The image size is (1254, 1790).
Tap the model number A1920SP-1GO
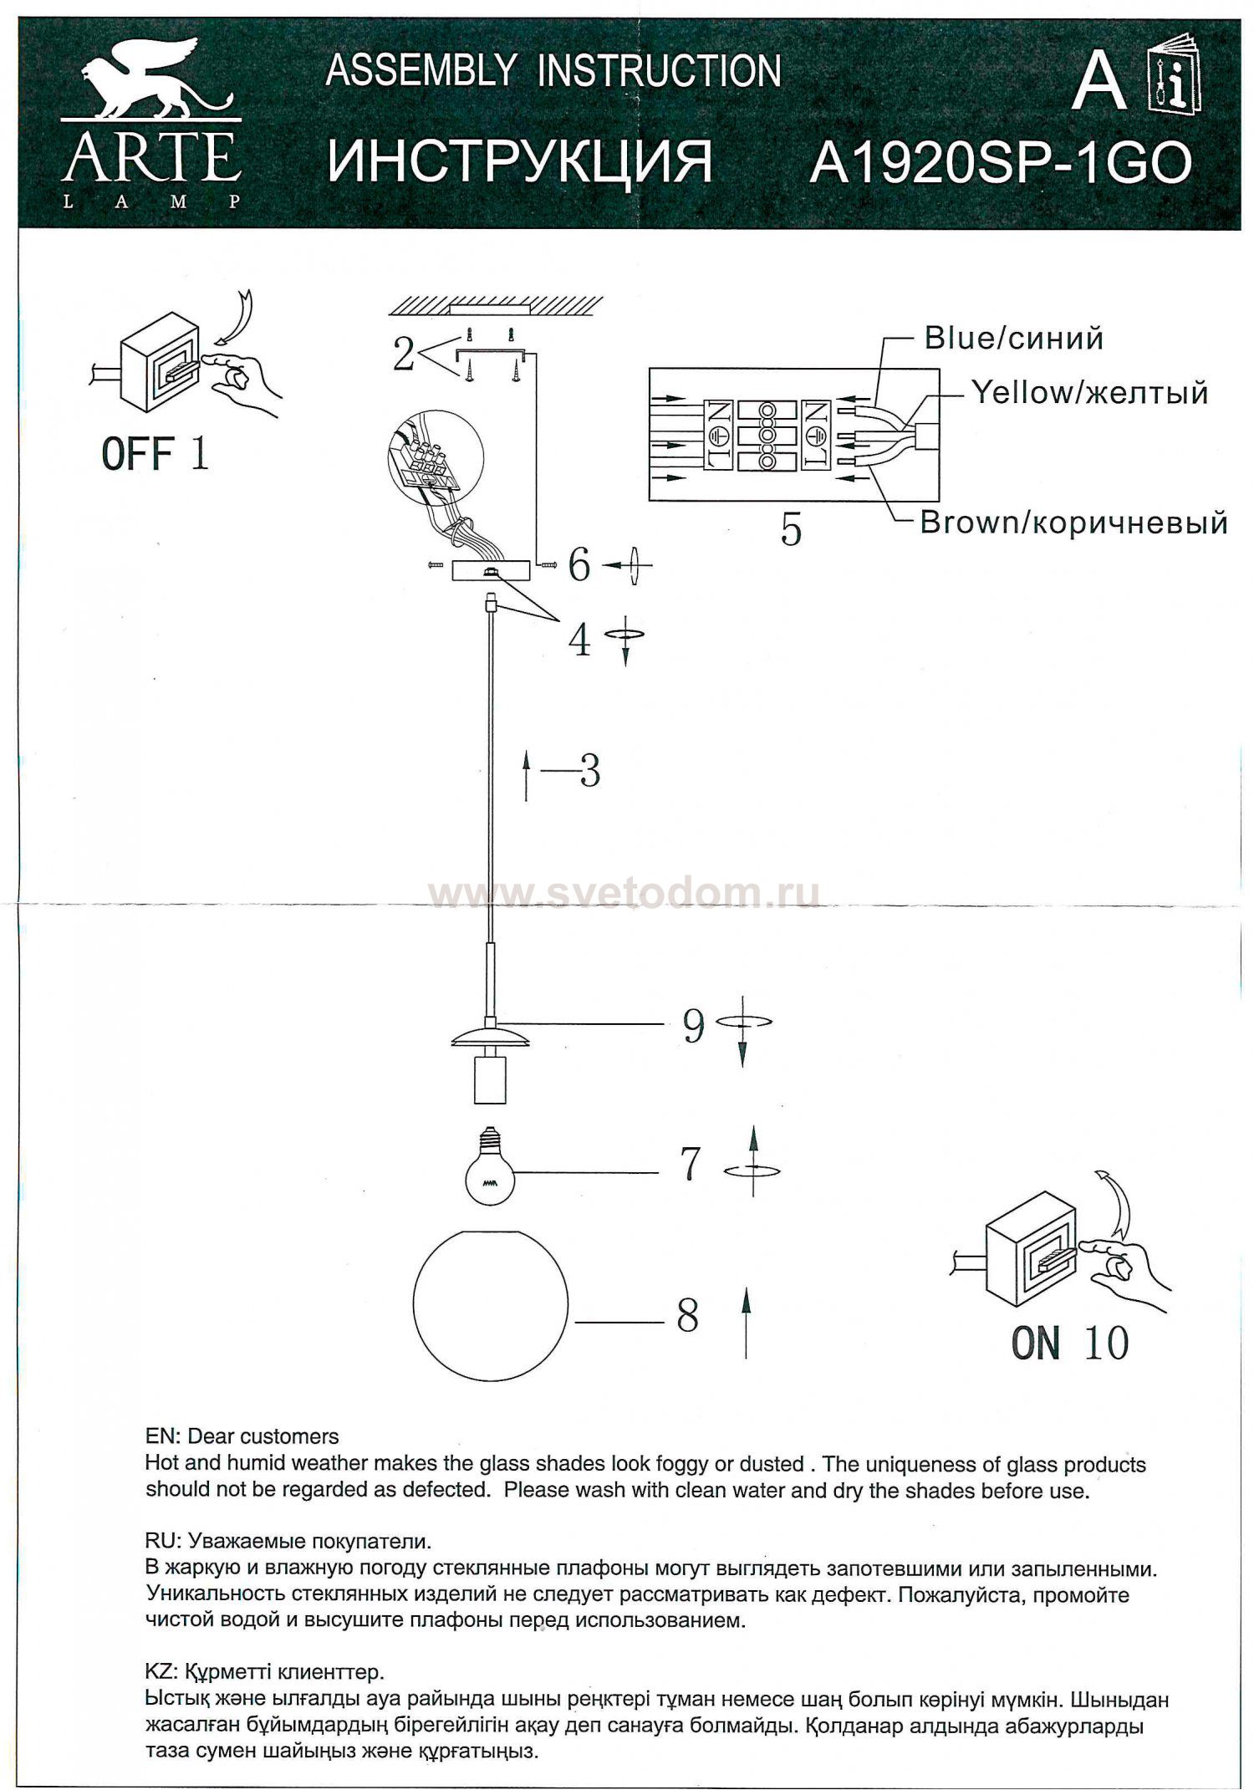1000,162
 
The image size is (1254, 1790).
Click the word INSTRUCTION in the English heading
660,71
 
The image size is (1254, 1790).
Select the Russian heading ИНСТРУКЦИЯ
519,162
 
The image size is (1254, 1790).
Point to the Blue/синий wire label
1013,339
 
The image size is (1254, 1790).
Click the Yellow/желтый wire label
1089,392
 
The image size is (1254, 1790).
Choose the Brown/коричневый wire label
1073,523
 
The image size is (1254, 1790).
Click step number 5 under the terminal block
791,529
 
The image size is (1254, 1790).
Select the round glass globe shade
491,1302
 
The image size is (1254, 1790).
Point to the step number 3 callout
590,771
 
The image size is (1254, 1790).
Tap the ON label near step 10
1036,1344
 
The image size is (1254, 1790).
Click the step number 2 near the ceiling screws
404,355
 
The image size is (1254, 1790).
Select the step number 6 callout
579,566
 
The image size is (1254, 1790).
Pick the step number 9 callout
694,1026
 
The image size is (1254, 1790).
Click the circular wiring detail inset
435,461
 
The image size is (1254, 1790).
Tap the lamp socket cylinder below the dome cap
488,1078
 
